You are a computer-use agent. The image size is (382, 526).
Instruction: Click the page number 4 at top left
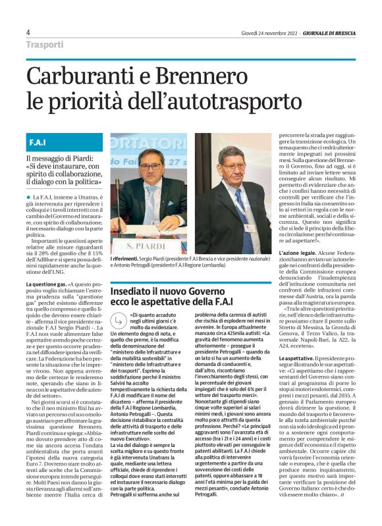click(28, 32)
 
